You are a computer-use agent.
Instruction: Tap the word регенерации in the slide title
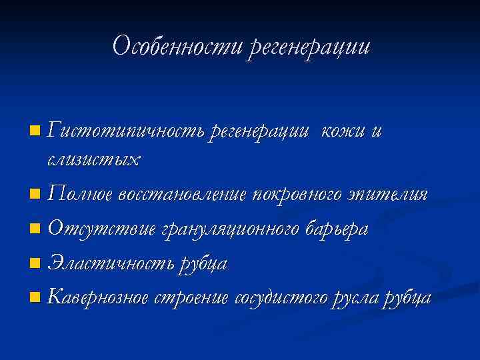(308, 47)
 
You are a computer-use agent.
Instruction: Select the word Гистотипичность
(126, 131)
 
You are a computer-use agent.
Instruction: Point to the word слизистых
(94, 160)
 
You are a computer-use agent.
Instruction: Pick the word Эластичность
(111, 263)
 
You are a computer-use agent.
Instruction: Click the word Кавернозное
(99, 297)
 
